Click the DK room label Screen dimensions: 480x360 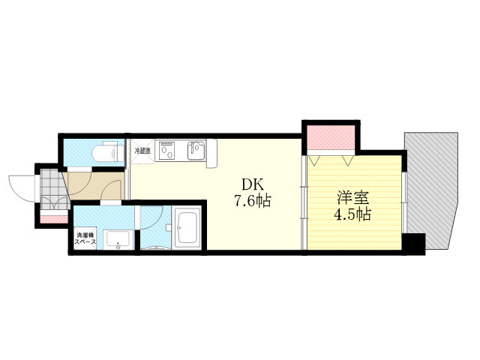[253, 184]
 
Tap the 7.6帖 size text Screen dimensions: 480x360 [253, 201]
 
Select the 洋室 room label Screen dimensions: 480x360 [353, 198]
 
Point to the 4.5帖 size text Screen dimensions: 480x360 [352, 214]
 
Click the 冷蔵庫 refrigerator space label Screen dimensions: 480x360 [142, 151]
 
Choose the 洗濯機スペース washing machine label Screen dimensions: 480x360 [85, 238]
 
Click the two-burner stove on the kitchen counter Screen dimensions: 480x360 [166, 150]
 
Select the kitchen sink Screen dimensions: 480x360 [196, 150]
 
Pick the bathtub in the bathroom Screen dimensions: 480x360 [187, 227]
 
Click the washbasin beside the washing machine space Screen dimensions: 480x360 [118, 240]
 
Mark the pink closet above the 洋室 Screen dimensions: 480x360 [331, 137]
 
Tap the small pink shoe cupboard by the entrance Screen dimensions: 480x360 [54, 219]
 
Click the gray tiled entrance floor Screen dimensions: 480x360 [54, 190]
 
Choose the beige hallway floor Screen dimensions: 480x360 [94, 186]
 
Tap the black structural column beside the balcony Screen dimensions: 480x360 [413, 244]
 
